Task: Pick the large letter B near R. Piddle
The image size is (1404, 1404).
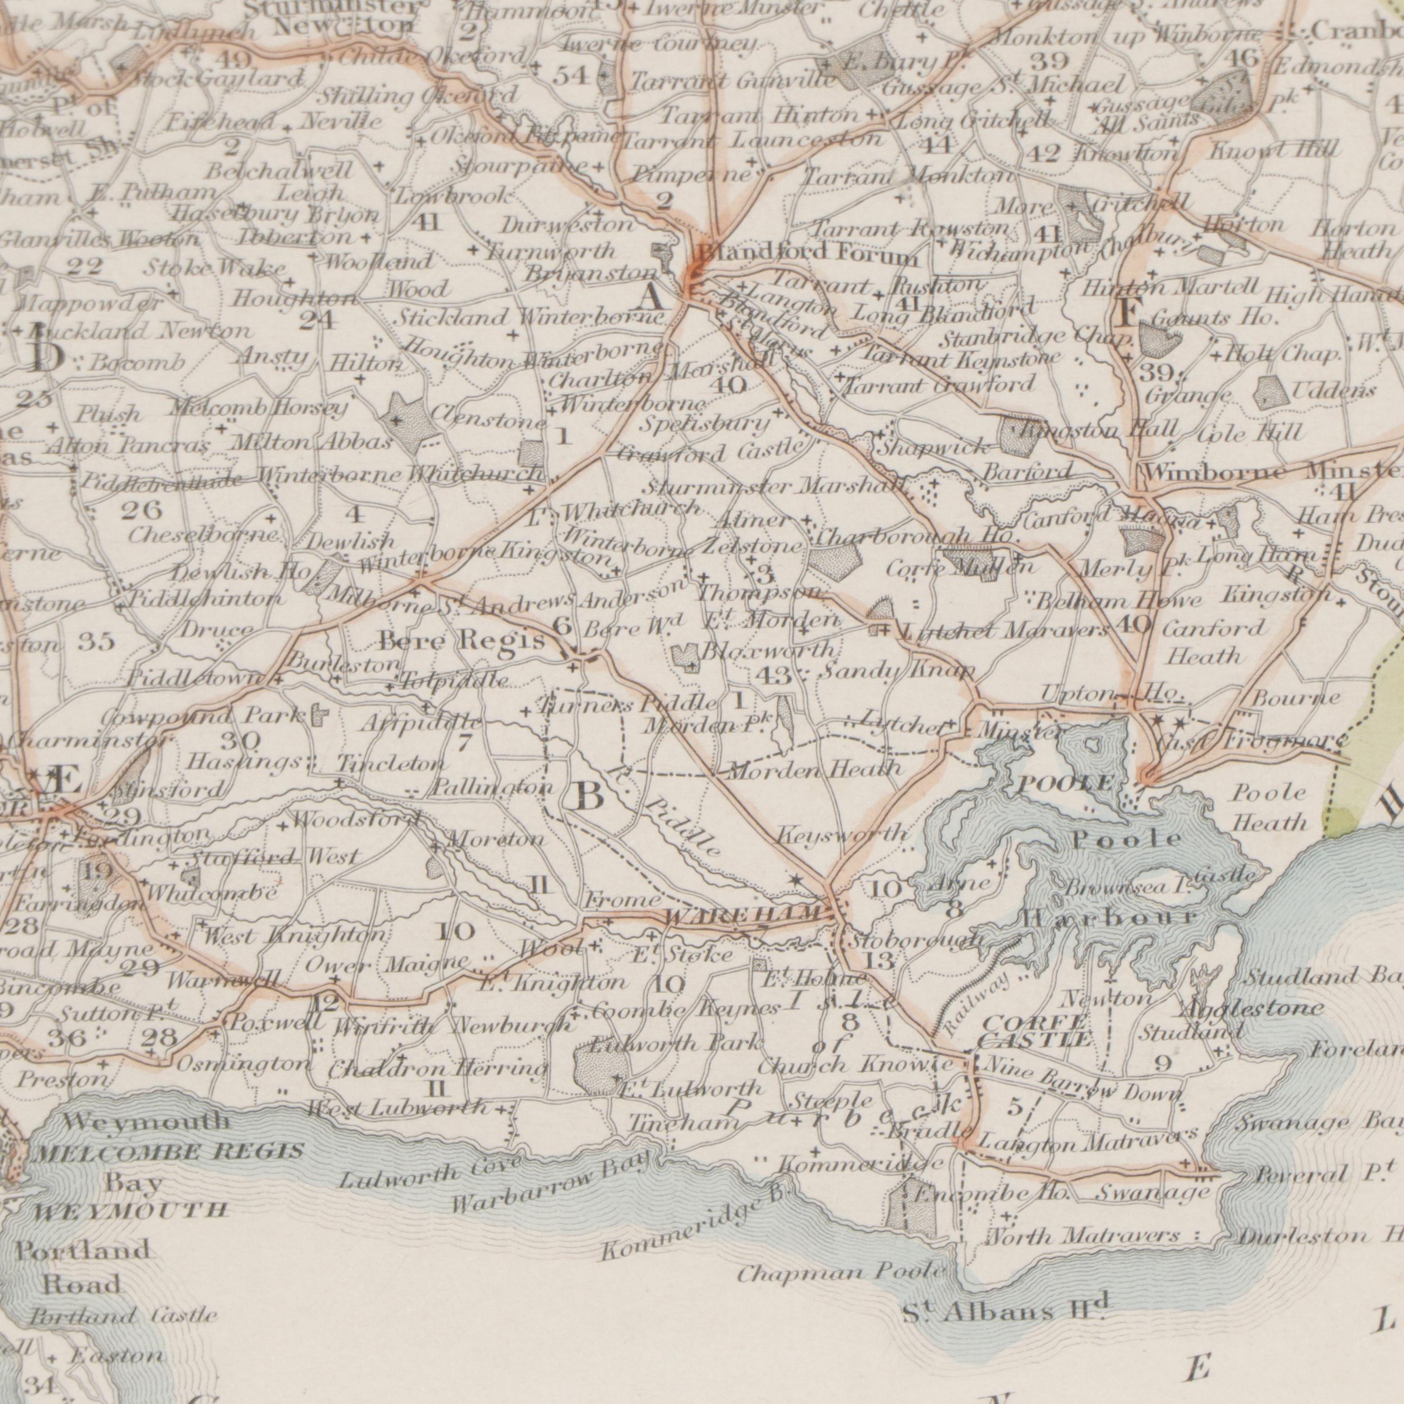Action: coord(587,797)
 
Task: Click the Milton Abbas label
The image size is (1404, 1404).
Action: coord(312,442)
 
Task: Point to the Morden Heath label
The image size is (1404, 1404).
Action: coord(814,768)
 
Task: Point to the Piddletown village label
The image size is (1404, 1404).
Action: coord(195,679)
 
